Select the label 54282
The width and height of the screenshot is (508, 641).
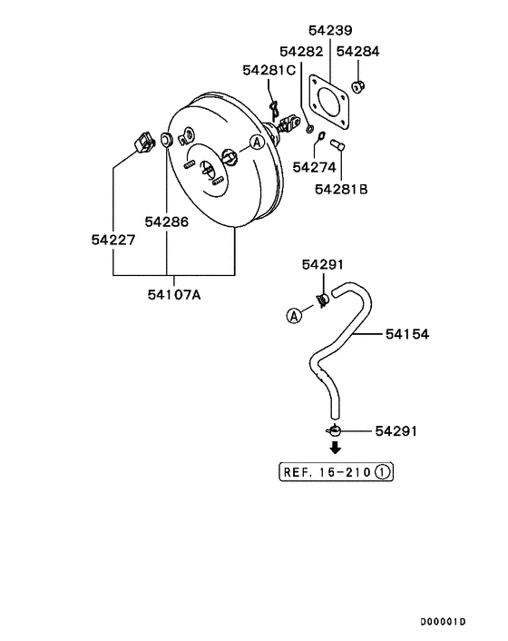301,53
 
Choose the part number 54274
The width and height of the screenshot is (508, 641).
314,167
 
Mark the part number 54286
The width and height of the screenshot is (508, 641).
167,221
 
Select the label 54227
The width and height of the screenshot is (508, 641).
113,240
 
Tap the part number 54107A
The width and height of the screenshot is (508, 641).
173,293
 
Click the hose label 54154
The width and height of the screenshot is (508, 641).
406,335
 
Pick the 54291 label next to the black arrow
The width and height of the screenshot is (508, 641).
396,430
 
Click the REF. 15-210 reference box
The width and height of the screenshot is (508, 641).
336,472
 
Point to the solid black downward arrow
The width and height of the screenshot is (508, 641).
335,447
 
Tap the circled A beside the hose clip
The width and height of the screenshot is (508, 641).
294,315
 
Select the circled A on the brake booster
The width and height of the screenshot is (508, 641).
257,142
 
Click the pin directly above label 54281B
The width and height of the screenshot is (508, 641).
339,143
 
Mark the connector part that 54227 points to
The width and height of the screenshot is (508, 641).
143,142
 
